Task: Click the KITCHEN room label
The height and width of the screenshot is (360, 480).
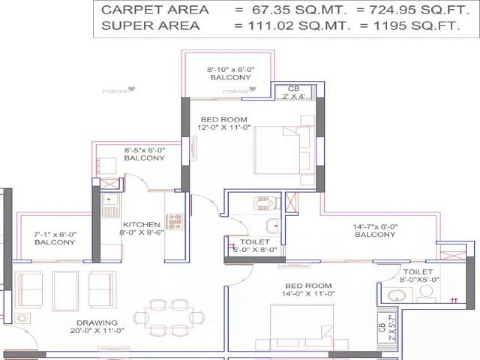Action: (141, 224)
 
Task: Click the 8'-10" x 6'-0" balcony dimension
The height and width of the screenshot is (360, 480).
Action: (230, 69)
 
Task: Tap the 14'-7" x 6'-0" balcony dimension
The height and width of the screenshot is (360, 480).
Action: (375, 226)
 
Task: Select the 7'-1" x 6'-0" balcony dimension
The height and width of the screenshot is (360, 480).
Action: (54, 234)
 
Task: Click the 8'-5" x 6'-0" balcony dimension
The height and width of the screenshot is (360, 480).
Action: (144, 150)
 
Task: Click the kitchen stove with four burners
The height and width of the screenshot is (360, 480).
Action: (175, 222)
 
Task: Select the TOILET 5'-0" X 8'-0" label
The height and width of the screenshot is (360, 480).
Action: (255, 246)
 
